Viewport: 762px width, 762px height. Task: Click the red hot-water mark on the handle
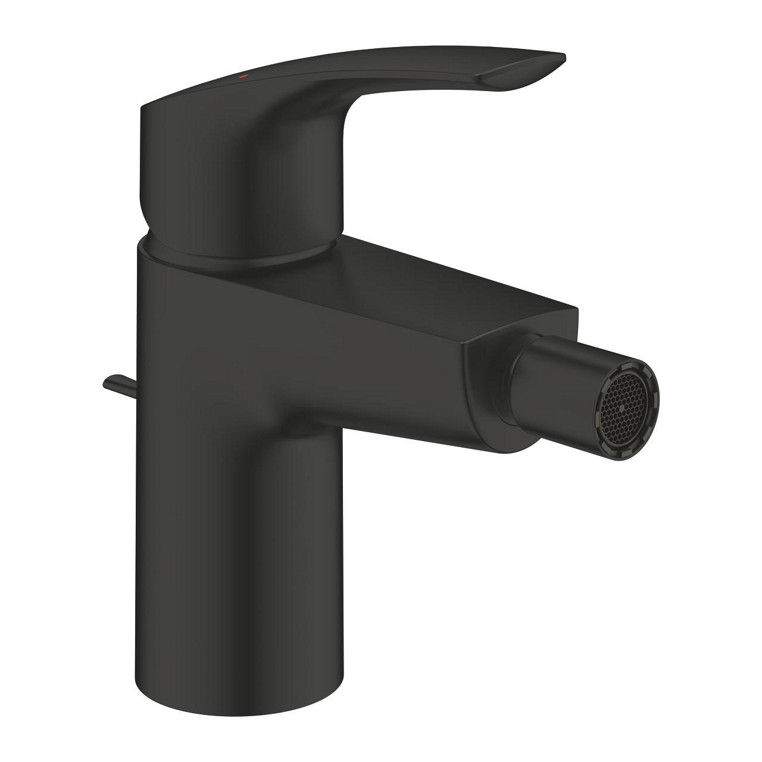tap(242, 77)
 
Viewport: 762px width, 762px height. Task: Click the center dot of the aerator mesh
tap(623, 409)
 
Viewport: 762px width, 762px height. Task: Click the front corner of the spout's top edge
tap(576, 309)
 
